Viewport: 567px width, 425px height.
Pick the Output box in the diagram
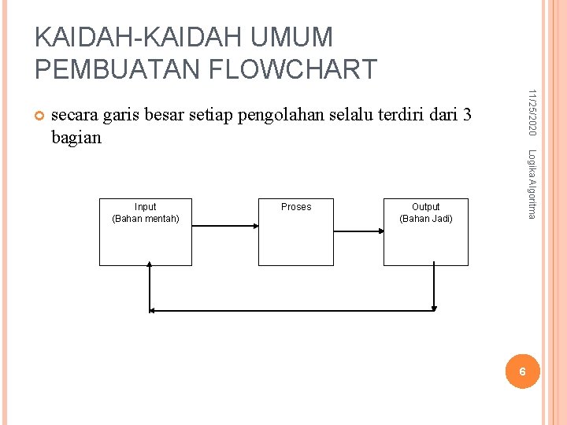(x=425, y=240)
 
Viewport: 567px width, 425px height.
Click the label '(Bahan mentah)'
(x=146, y=218)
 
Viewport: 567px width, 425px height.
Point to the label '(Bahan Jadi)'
(x=426, y=218)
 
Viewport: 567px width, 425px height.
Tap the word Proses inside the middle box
(x=296, y=207)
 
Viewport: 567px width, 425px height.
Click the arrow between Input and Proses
(x=225, y=225)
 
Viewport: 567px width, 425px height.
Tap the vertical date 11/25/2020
(x=532, y=110)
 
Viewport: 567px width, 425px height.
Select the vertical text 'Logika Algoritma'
(x=532, y=184)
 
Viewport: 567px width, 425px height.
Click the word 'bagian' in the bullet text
(x=76, y=138)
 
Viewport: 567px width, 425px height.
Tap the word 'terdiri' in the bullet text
(x=402, y=116)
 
